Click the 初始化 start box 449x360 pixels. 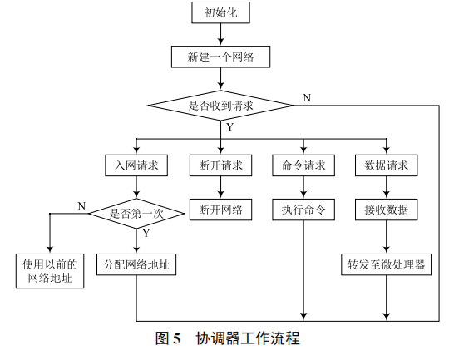click(x=220, y=13)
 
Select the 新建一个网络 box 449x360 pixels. click(x=220, y=58)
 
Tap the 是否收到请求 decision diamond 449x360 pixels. click(x=220, y=106)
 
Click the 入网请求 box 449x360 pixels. click(x=137, y=165)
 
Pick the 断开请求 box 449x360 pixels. click(x=220, y=165)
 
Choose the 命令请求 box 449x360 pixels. click(x=303, y=165)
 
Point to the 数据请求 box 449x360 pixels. click(x=387, y=165)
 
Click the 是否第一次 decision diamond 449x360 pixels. click(x=137, y=213)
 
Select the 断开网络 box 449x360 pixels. click(x=220, y=210)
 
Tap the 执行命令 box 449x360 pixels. click(x=303, y=210)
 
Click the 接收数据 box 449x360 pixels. click(x=387, y=210)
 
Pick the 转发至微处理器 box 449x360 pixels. click(x=387, y=265)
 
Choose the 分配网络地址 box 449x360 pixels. click(x=137, y=265)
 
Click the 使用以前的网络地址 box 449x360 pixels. click(x=50, y=272)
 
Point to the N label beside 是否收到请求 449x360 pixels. click(x=307, y=97)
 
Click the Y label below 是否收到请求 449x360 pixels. click(x=229, y=127)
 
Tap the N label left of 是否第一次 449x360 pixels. click(x=81, y=205)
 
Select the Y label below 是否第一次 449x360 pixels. click(x=146, y=234)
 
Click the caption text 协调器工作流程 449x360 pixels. click(x=247, y=338)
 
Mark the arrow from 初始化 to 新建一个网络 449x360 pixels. click(x=220, y=34)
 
